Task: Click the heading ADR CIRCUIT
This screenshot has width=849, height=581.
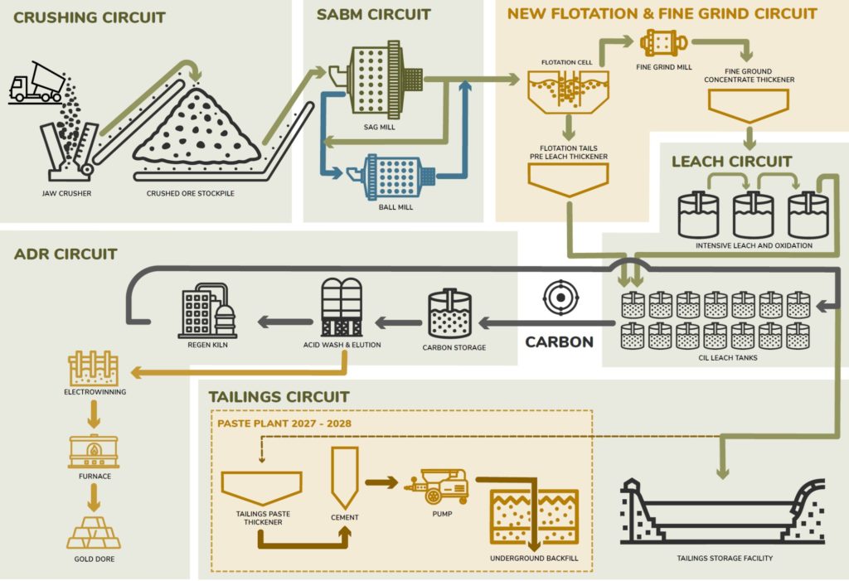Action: click(65, 254)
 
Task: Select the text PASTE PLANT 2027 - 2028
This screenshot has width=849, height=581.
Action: click(284, 423)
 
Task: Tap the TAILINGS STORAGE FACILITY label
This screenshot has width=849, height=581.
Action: click(725, 558)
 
